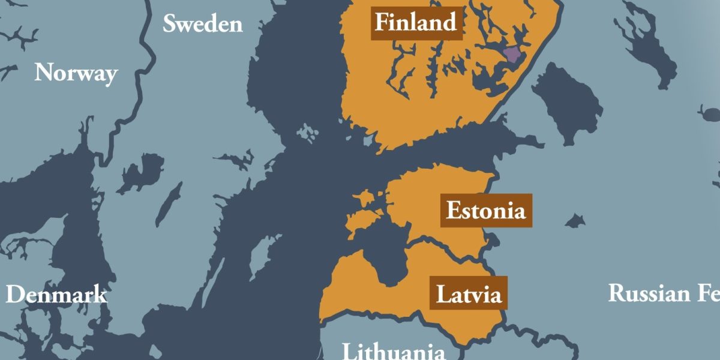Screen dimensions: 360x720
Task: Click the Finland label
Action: click(416, 23)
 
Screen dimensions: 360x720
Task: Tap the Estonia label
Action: click(485, 211)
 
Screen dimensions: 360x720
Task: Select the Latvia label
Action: click(468, 294)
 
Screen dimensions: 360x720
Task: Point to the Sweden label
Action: click(203, 24)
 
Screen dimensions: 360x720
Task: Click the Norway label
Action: click(76, 73)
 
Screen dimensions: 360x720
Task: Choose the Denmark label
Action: click(56, 295)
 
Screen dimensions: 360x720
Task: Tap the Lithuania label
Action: click(394, 350)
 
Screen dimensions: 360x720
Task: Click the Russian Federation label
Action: click(664, 293)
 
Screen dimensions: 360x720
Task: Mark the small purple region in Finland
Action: click(513, 55)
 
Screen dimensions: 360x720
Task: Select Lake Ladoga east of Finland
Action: click(567, 102)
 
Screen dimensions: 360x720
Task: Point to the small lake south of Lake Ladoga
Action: click(575, 221)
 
